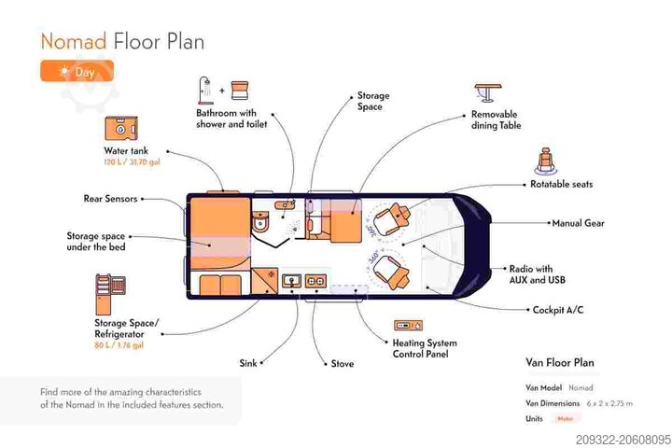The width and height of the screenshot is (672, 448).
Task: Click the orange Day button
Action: click(77, 72)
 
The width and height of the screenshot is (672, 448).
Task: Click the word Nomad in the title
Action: click(73, 41)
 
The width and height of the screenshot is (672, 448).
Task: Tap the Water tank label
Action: click(126, 150)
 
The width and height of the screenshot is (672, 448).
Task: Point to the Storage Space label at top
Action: click(373, 101)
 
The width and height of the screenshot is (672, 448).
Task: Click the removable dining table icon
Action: click(487, 94)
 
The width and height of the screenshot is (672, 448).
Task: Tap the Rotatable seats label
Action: click(561, 184)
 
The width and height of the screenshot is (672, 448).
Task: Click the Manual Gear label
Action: click(580, 223)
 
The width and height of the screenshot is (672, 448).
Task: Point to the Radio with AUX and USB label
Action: click(537, 274)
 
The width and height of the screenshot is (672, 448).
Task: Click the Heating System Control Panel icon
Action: click(408, 325)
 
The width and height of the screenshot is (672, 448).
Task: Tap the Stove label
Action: click(343, 363)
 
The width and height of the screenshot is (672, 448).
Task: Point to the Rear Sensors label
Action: click(110, 198)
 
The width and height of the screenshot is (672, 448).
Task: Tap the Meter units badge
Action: click(565, 419)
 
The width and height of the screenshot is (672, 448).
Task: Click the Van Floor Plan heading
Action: click(560, 363)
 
